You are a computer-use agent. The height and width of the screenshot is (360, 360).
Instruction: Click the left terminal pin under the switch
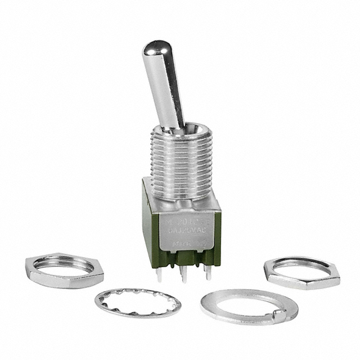[x=160, y=274]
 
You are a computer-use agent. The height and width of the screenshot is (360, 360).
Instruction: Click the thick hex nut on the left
[x=64, y=271]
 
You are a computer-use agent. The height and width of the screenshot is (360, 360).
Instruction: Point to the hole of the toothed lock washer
[x=138, y=301]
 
